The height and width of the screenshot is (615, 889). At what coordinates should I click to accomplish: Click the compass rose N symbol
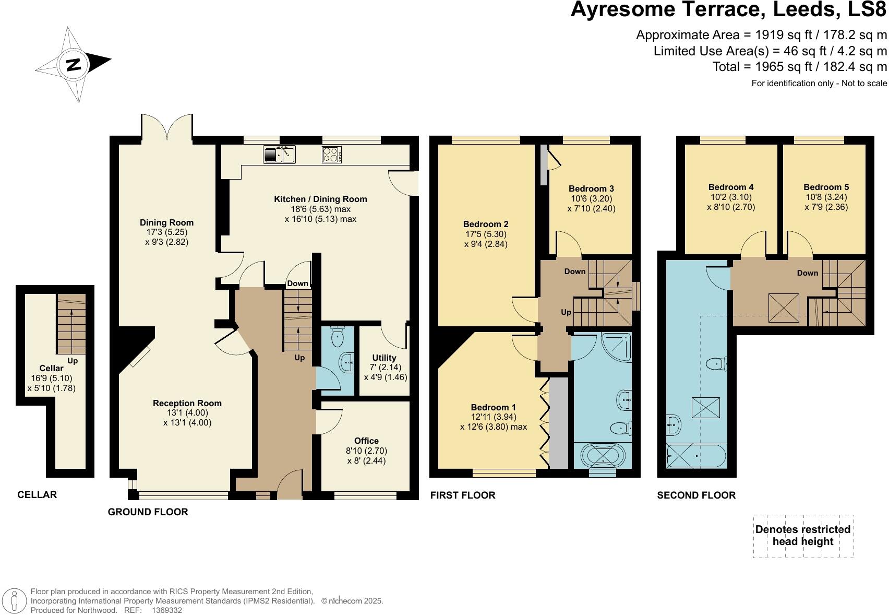[x=74, y=65]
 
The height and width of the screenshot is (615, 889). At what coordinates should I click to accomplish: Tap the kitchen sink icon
[x=279, y=155]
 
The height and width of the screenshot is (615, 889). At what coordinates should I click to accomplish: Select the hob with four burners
[x=332, y=155]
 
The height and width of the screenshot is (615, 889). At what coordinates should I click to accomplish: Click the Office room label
[x=366, y=441]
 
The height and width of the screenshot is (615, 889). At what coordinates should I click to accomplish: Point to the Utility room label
[x=384, y=358]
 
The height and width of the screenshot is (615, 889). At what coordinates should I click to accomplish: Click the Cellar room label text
[x=51, y=369]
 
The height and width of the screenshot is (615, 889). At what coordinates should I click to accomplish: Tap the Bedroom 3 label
[x=591, y=188]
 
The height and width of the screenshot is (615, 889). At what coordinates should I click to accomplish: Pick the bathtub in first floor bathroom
[x=603, y=456]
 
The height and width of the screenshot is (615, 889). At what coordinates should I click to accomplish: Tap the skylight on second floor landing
[x=784, y=306]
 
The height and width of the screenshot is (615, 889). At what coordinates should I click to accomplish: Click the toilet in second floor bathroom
[x=716, y=364]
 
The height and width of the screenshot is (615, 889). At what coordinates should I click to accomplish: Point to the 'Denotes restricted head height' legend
[x=803, y=535]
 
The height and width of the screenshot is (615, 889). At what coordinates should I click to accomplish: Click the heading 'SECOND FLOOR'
[x=696, y=495]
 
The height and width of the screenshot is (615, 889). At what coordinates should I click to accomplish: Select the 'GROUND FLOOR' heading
[x=148, y=512]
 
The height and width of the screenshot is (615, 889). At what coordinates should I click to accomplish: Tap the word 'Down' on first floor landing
[x=574, y=271]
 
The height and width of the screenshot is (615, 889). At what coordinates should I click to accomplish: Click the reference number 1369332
[x=166, y=610]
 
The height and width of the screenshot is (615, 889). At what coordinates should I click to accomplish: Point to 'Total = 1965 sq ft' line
[x=799, y=67]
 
